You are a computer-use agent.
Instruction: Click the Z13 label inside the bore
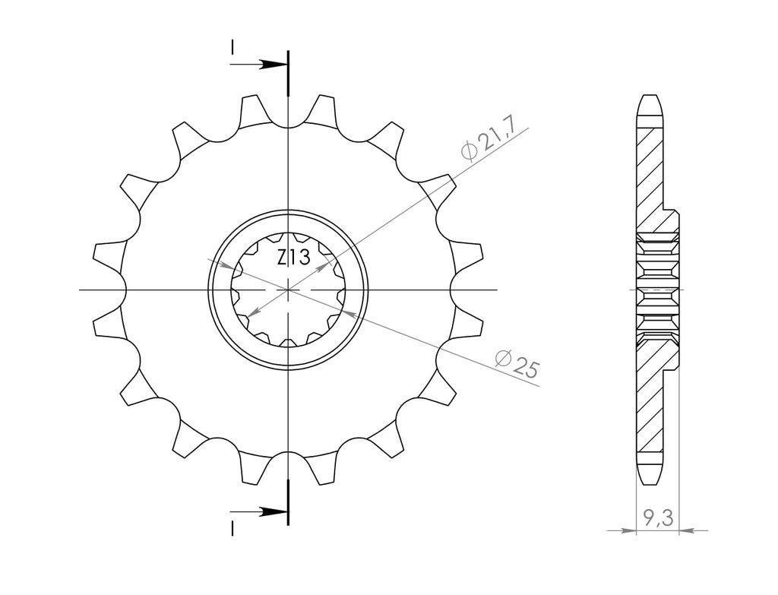click(294, 258)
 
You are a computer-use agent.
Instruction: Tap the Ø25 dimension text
click(517, 364)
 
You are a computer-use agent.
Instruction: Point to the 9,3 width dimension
click(659, 518)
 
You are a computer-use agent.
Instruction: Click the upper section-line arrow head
click(274, 65)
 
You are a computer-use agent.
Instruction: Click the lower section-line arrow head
click(274, 511)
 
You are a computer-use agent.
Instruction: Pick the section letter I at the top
click(232, 47)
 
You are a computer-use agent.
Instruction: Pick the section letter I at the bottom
click(232, 528)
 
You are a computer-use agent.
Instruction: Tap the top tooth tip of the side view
click(650, 96)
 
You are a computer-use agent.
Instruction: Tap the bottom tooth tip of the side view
click(650, 483)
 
